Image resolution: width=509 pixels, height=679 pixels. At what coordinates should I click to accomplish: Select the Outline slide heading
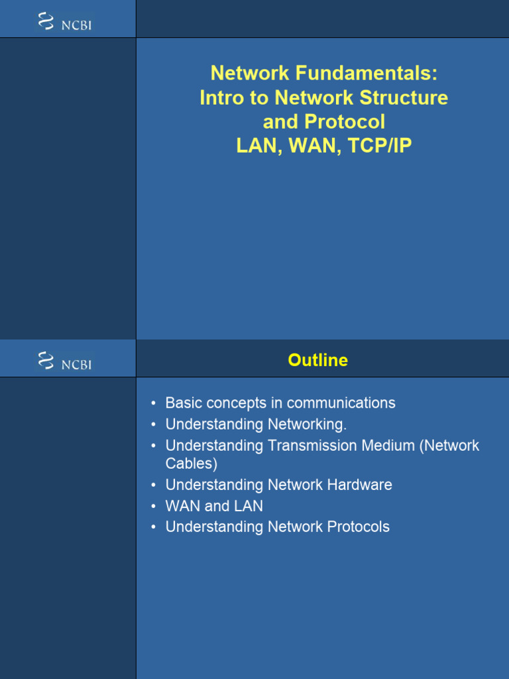[317, 360]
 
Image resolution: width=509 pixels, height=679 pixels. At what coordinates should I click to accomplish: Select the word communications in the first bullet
[341, 402]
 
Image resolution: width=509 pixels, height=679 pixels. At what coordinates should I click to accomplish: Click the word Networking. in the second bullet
[307, 424]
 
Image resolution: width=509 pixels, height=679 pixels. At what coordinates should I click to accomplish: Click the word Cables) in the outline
[191, 463]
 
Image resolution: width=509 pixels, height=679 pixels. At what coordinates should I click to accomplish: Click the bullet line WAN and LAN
[214, 506]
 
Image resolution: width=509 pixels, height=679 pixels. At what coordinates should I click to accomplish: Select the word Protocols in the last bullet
[358, 526]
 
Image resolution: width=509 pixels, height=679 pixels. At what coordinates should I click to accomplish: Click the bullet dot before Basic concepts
[154, 404]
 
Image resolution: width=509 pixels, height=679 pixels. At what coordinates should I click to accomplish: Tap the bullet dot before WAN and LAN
[154, 507]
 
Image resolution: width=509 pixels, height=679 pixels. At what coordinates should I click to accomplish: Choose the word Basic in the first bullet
[182, 402]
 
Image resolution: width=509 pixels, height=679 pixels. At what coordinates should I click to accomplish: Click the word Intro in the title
[226, 97]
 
